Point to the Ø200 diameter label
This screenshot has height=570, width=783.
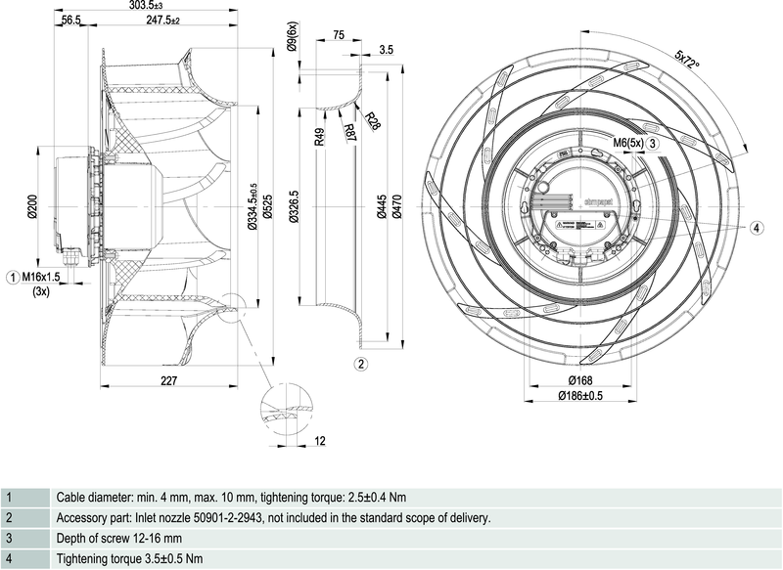(x=32, y=208)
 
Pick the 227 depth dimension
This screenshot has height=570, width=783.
(x=167, y=381)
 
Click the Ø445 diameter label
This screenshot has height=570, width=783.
(x=382, y=207)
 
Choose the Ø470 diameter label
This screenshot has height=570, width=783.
(x=396, y=207)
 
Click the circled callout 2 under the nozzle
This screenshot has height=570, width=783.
(x=360, y=365)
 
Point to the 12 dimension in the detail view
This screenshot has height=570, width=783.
(x=321, y=442)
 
